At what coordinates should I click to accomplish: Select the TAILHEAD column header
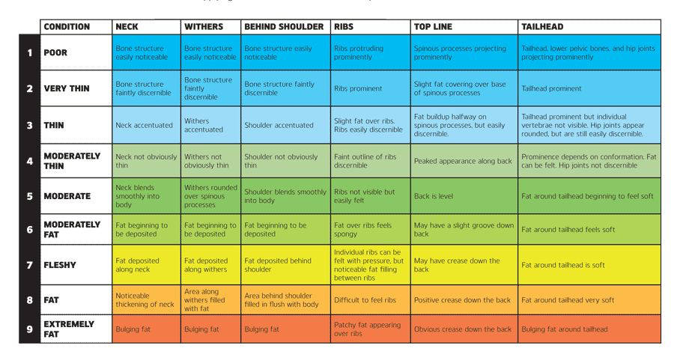click(x=542, y=27)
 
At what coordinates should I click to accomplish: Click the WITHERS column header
click(x=203, y=27)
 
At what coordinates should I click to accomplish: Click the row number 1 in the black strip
click(x=29, y=53)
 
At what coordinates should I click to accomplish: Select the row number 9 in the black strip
click(x=29, y=329)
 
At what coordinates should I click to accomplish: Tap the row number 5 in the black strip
click(x=29, y=196)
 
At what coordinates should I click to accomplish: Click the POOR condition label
click(x=56, y=53)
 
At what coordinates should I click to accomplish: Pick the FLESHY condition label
click(x=60, y=265)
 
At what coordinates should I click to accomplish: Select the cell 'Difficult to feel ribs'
click(x=365, y=300)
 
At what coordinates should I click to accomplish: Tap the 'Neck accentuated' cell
click(x=145, y=125)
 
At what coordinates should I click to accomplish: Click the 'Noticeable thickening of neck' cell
click(x=145, y=300)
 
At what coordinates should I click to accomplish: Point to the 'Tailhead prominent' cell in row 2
click(x=551, y=88)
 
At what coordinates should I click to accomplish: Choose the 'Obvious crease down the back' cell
click(x=463, y=329)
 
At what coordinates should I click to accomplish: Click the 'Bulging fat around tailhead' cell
click(x=565, y=329)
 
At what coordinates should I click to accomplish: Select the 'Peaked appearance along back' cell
click(x=463, y=161)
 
